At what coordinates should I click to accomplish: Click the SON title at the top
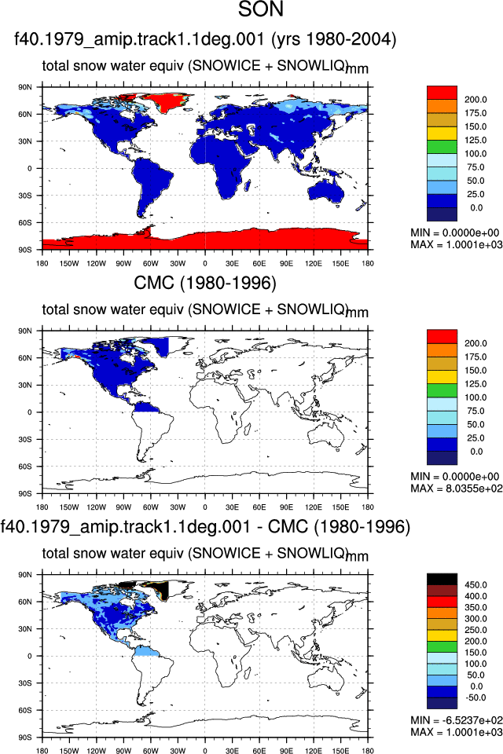click(261, 9)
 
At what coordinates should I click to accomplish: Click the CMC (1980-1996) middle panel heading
click(205, 283)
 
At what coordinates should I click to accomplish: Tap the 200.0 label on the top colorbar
click(475, 100)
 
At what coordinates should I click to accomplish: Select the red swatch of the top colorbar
click(442, 93)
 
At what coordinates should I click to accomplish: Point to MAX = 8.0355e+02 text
click(457, 489)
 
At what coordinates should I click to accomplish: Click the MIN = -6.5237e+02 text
click(457, 720)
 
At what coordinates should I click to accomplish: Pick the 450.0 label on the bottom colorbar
click(475, 585)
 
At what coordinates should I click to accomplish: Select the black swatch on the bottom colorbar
click(442, 579)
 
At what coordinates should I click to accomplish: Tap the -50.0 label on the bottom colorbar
click(475, 697)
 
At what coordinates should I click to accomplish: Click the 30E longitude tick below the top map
click(232, 264)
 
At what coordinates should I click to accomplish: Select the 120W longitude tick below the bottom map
click(96, 751)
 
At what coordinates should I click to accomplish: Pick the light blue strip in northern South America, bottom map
click(147, 651)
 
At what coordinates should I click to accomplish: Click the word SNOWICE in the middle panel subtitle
click(226, 309)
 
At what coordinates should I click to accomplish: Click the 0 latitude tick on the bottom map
click(29, 656)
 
